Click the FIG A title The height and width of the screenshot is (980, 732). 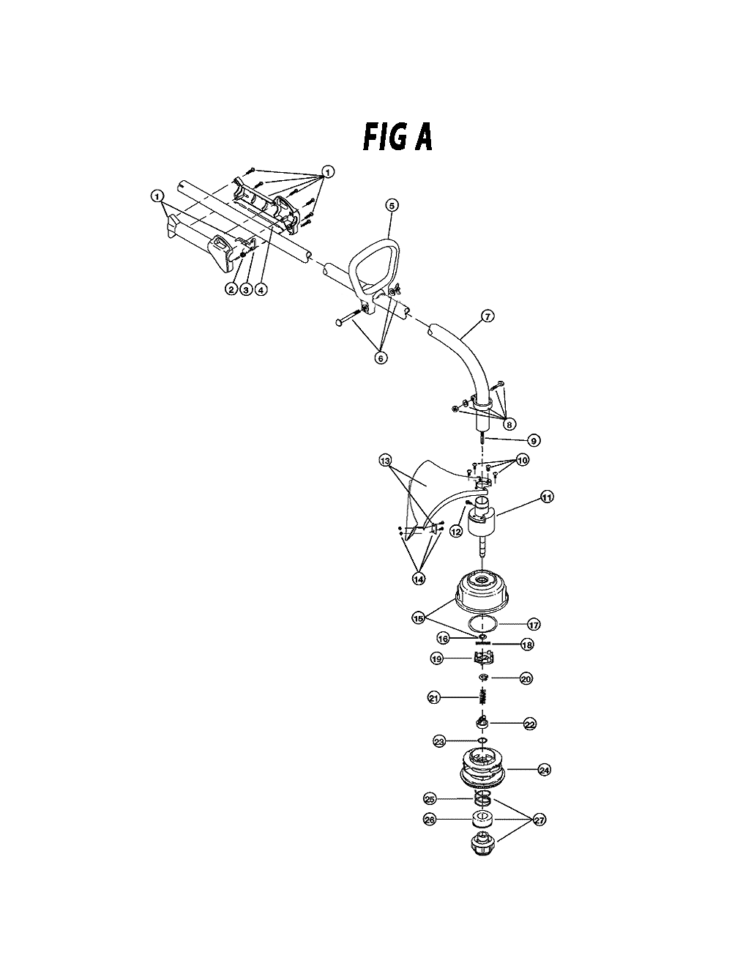397,137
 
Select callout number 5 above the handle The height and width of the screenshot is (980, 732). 392,205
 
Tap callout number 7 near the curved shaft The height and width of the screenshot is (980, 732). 488,316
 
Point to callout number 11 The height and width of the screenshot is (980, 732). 548,497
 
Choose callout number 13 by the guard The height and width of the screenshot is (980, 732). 386,460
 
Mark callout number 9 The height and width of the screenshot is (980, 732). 534,441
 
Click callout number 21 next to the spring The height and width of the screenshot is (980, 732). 434,698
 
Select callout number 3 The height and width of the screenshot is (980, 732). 246,289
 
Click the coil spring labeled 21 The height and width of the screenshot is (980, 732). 482,697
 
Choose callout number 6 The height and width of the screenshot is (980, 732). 381,358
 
